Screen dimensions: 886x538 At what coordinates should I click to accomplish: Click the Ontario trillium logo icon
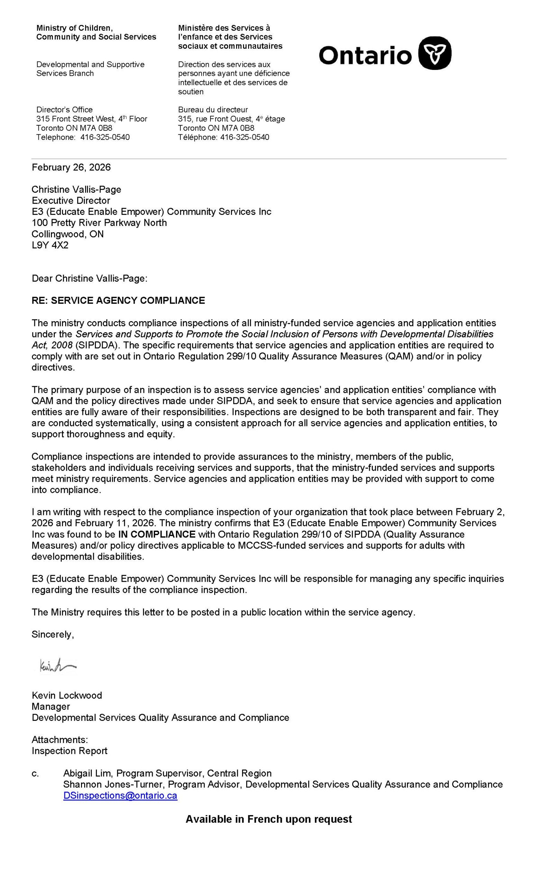(x=434, y=53)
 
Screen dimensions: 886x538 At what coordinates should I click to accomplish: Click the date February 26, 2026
(x=71, y=167)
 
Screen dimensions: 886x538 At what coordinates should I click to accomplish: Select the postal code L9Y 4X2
(x=50, y=245)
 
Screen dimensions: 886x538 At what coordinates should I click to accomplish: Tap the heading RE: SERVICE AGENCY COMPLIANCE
(x=118, y=300)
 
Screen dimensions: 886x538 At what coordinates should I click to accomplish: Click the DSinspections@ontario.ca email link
(x=120, y=795)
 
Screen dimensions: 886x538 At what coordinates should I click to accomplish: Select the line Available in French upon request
(x=269, y=819)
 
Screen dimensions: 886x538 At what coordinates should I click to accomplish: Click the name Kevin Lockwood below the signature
(x=67, y=695)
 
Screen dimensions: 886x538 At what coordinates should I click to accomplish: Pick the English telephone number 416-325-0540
(x=105, y=137)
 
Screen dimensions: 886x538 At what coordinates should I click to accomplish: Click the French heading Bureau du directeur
(x=213, y=109)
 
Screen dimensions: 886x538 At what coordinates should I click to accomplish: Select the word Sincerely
(x=53, y=634)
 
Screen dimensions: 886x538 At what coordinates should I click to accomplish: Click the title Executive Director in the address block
(x=71, y=200)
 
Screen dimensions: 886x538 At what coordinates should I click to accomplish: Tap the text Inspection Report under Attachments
(x=69, y=751)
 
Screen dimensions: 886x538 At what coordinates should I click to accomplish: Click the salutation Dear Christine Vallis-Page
(x=90, y=278)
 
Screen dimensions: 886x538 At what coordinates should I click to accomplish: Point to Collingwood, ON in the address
(x=68, y=234)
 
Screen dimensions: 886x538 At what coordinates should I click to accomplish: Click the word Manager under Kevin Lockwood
(x=51, y=706)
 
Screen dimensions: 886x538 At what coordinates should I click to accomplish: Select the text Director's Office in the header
(x=64, y=109)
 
